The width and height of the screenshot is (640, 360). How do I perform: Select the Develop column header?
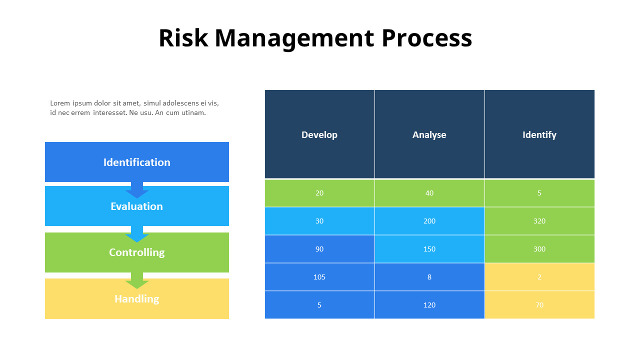point(319,134)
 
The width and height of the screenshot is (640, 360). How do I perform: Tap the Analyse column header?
point(429,134)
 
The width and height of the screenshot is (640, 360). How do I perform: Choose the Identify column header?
point(539,134)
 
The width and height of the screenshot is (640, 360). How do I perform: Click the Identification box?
point(137,162)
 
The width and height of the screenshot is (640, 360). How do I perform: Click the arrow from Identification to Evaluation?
point(137,190)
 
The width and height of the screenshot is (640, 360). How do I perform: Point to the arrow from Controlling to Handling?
point(137,281)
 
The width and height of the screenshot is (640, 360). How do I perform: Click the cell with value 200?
point(429,221)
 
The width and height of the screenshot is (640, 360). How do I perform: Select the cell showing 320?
point(539,221)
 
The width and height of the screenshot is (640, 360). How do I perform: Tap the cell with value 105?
point(319,277)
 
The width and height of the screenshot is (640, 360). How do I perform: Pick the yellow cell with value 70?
point(539,305)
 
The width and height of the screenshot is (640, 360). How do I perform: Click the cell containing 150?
point(429,249)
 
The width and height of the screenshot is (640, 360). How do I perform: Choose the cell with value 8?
point(429,277)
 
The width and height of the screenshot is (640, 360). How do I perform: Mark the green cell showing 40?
point(429,193)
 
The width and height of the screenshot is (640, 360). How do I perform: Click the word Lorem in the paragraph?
point(60,103)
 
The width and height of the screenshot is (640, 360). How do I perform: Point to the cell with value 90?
point(319,249)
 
